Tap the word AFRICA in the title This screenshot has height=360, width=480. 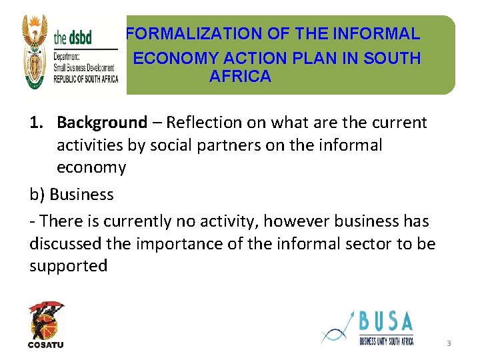240,76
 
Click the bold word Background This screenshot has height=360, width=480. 101,123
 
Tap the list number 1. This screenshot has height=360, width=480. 37,123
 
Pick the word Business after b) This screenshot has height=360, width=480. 81,194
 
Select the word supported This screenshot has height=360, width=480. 68,266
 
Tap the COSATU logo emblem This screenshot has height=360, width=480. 46,320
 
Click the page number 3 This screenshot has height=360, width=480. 449,343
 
